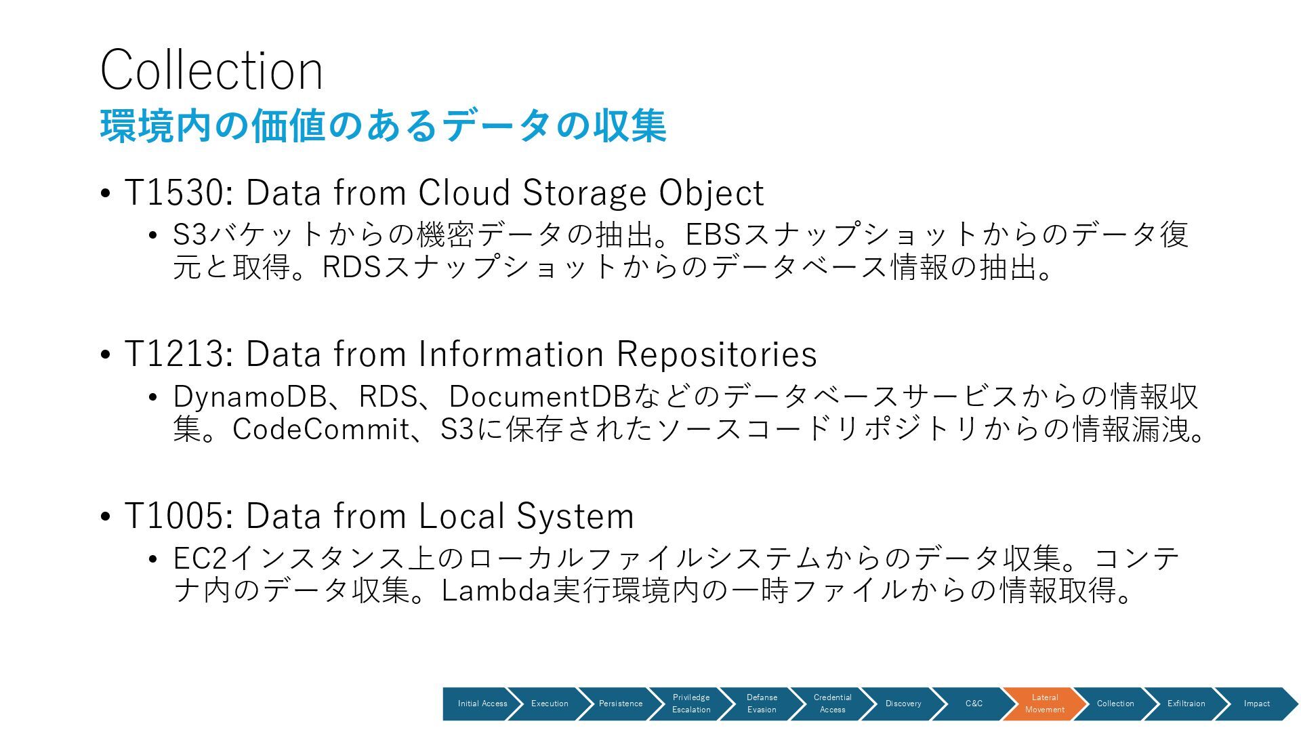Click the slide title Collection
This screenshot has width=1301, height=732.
click(211, 70)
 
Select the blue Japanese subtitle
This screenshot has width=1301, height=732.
click(383, 126)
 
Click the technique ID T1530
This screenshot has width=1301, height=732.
click(173, 192)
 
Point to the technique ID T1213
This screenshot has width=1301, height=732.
click(173, 354)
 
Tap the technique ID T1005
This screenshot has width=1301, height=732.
click(173, 516)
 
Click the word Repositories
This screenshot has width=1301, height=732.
click(716, 354)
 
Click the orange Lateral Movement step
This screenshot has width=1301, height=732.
click(1044, 704)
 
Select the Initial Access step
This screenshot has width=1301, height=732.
click(482, 704)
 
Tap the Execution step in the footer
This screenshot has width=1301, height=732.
click(550, 704)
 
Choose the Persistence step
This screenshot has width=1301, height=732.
click(620, 704)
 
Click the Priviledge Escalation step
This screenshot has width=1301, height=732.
click(691, 704)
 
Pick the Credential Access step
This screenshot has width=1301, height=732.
click(832, 704)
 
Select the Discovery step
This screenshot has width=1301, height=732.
click(903, 704)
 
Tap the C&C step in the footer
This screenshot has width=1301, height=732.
click(974, 704)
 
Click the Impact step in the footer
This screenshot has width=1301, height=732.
click(1256, 704)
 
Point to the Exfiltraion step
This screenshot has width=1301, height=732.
click(1186, 704)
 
